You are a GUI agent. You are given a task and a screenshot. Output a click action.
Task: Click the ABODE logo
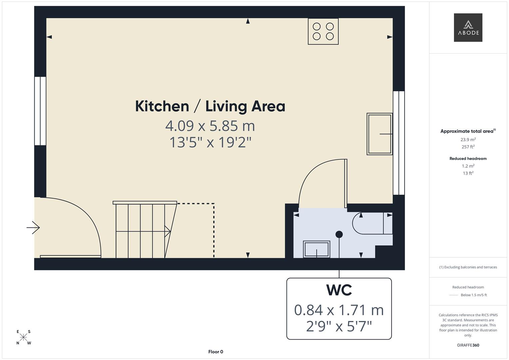(468, 28)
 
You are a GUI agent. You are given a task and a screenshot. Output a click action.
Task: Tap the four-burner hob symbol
(323, 31)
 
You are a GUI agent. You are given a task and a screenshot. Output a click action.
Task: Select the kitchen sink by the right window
(379, 134)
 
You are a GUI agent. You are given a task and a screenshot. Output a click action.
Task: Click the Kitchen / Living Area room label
(210, 106)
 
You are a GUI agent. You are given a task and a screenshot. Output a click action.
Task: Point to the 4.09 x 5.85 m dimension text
(210, 126)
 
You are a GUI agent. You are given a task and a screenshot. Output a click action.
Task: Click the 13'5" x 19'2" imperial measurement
(210, 142)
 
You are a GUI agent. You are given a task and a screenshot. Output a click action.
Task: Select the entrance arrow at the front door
(33, 228)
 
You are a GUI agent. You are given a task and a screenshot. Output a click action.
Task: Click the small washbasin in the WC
(316, 249)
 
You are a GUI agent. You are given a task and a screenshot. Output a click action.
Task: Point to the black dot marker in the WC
(339, 234)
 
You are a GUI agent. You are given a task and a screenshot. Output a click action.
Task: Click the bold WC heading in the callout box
(339, 290)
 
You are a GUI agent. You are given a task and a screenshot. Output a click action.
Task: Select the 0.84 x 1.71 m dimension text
(339, 310)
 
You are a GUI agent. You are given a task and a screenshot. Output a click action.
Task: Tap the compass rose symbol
(23, 337)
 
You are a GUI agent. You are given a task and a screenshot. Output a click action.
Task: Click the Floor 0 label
(216, 352)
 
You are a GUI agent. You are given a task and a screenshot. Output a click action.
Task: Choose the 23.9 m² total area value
(468, 140)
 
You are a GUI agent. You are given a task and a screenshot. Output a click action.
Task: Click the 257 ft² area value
(468, 147)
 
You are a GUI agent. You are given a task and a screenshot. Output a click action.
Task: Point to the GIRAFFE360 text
(468, 345)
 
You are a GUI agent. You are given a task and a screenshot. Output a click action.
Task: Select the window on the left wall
(40, 111)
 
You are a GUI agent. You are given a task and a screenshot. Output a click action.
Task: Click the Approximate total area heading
(468, 131)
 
